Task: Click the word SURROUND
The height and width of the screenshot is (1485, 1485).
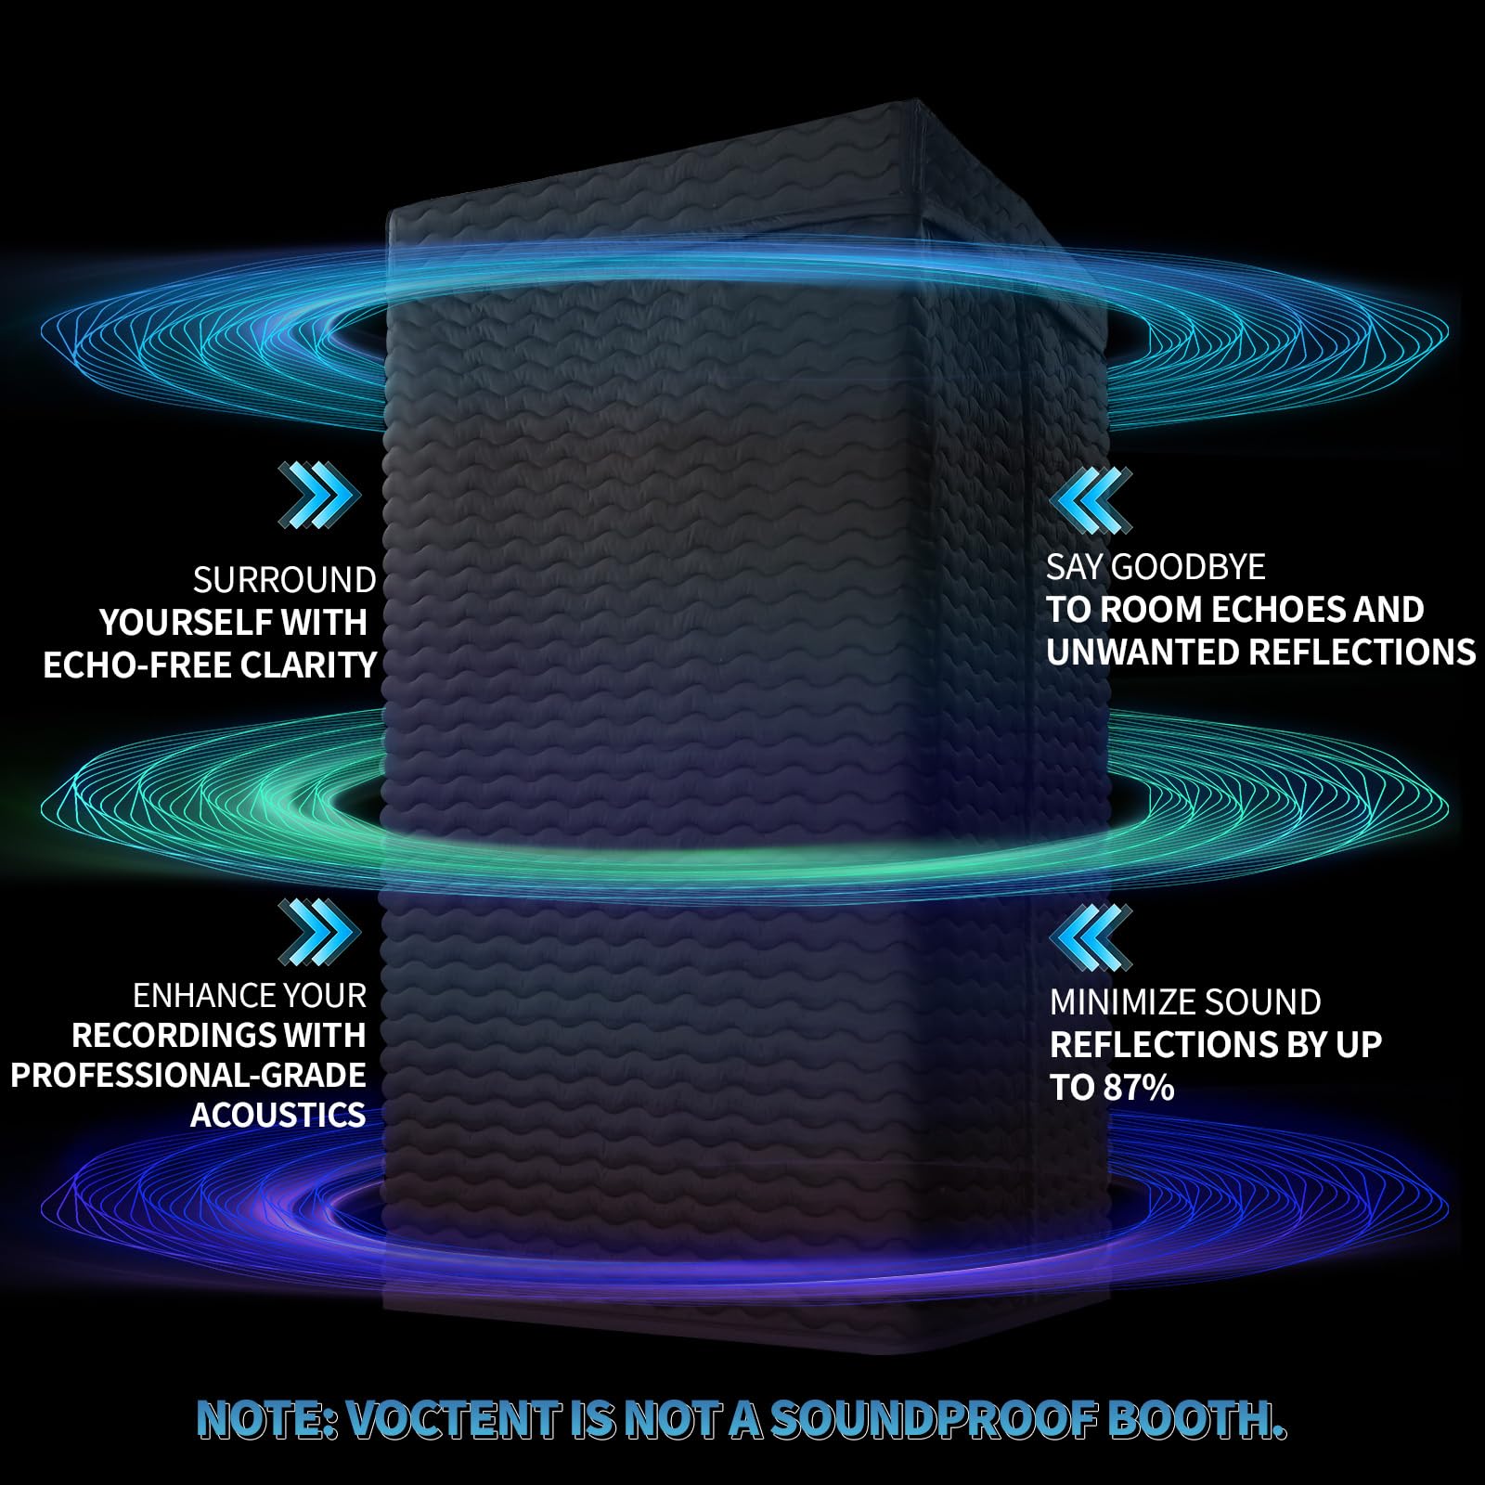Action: [284, 581]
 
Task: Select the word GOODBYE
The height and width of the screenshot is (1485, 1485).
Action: [1188, 567]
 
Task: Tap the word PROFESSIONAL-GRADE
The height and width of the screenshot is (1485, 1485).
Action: [188, 1075]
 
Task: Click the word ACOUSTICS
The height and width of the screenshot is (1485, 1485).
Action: [278, 1115]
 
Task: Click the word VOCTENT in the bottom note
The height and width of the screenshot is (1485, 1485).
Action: [455, 1420]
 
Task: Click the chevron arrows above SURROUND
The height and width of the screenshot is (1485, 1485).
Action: [318, 497]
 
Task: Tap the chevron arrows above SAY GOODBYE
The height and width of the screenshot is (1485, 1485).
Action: [1091, 500]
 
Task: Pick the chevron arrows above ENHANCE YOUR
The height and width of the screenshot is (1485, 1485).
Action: [318, 931]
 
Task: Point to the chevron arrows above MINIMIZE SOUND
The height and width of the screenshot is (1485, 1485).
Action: [1091, 938]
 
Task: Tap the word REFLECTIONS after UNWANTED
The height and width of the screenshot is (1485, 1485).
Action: [1362, 652]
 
